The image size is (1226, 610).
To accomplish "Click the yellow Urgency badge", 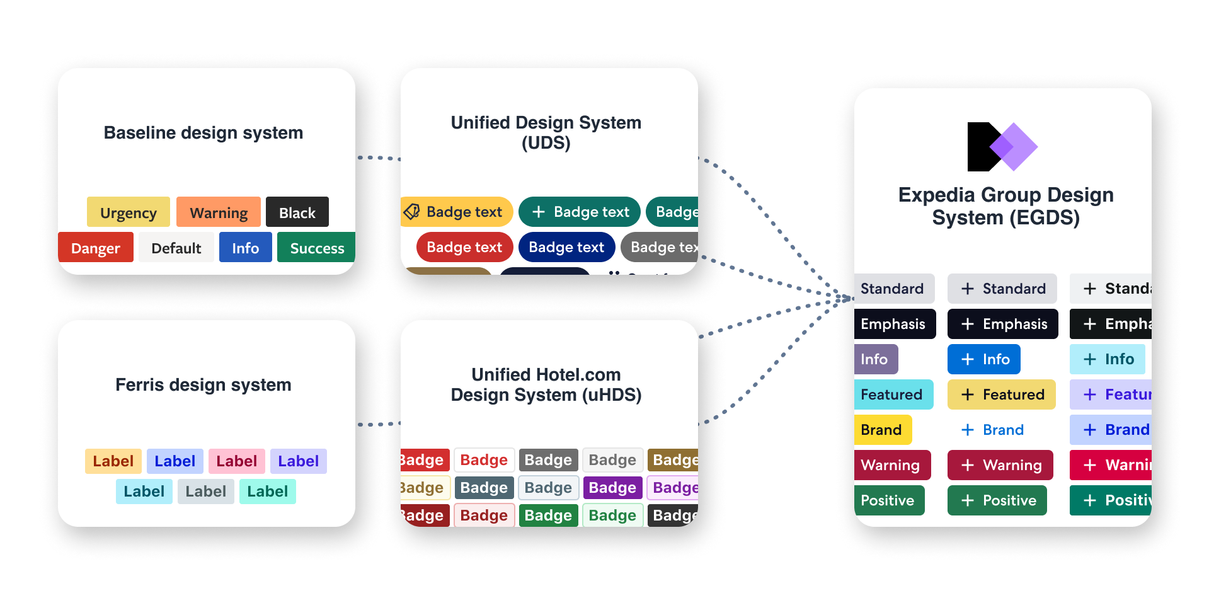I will (x=128, y=212).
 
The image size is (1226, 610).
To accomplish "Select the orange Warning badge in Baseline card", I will (x=218, y=212).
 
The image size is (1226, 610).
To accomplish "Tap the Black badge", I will (x=297, y=212).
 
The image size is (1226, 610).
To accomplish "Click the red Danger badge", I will (x=95, y=248).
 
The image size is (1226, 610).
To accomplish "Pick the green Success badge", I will (x=316, y=248).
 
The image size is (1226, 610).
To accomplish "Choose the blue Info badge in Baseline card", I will (x=245, y=248).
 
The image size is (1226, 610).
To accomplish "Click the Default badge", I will (x=176, y=248).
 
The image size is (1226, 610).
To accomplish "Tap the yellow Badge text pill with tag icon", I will (x=457, y=212).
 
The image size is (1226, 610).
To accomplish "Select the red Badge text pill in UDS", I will (x=464, y=247).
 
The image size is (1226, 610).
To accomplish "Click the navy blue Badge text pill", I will (x=566, y=247).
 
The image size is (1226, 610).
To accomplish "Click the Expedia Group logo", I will (x=1002, y=147).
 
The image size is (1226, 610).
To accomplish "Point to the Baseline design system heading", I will (x=203, y=132).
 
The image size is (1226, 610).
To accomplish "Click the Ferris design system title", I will (x=203, y=384).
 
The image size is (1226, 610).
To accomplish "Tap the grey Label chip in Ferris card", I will (x=205, y=492).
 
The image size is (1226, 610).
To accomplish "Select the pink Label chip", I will (x=236, y=461).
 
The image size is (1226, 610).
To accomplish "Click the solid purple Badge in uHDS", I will (x=612, y=488).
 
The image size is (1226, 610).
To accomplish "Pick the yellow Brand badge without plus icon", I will (x=882, y=430).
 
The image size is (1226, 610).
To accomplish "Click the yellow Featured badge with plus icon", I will (x=1001, y=394).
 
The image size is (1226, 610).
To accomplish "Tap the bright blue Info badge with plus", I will (x=983, y=359).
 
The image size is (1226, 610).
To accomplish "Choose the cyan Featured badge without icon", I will (x=892, y=394).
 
